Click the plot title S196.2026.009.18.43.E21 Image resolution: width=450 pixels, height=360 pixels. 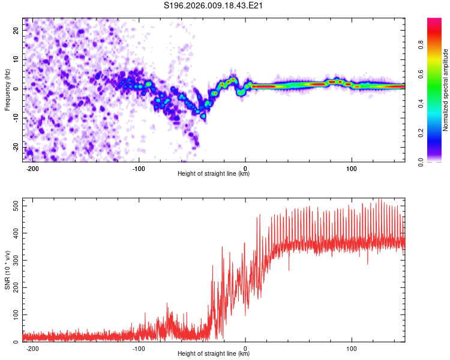[214, 5]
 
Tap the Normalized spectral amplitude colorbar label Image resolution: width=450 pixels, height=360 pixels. [446, 90]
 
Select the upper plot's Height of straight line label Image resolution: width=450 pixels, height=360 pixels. [214, 173]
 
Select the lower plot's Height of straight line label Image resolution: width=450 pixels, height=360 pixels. [214, 353]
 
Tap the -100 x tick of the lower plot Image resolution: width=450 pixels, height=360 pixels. [139, 348]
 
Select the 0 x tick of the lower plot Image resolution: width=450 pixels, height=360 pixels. [245, 348]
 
